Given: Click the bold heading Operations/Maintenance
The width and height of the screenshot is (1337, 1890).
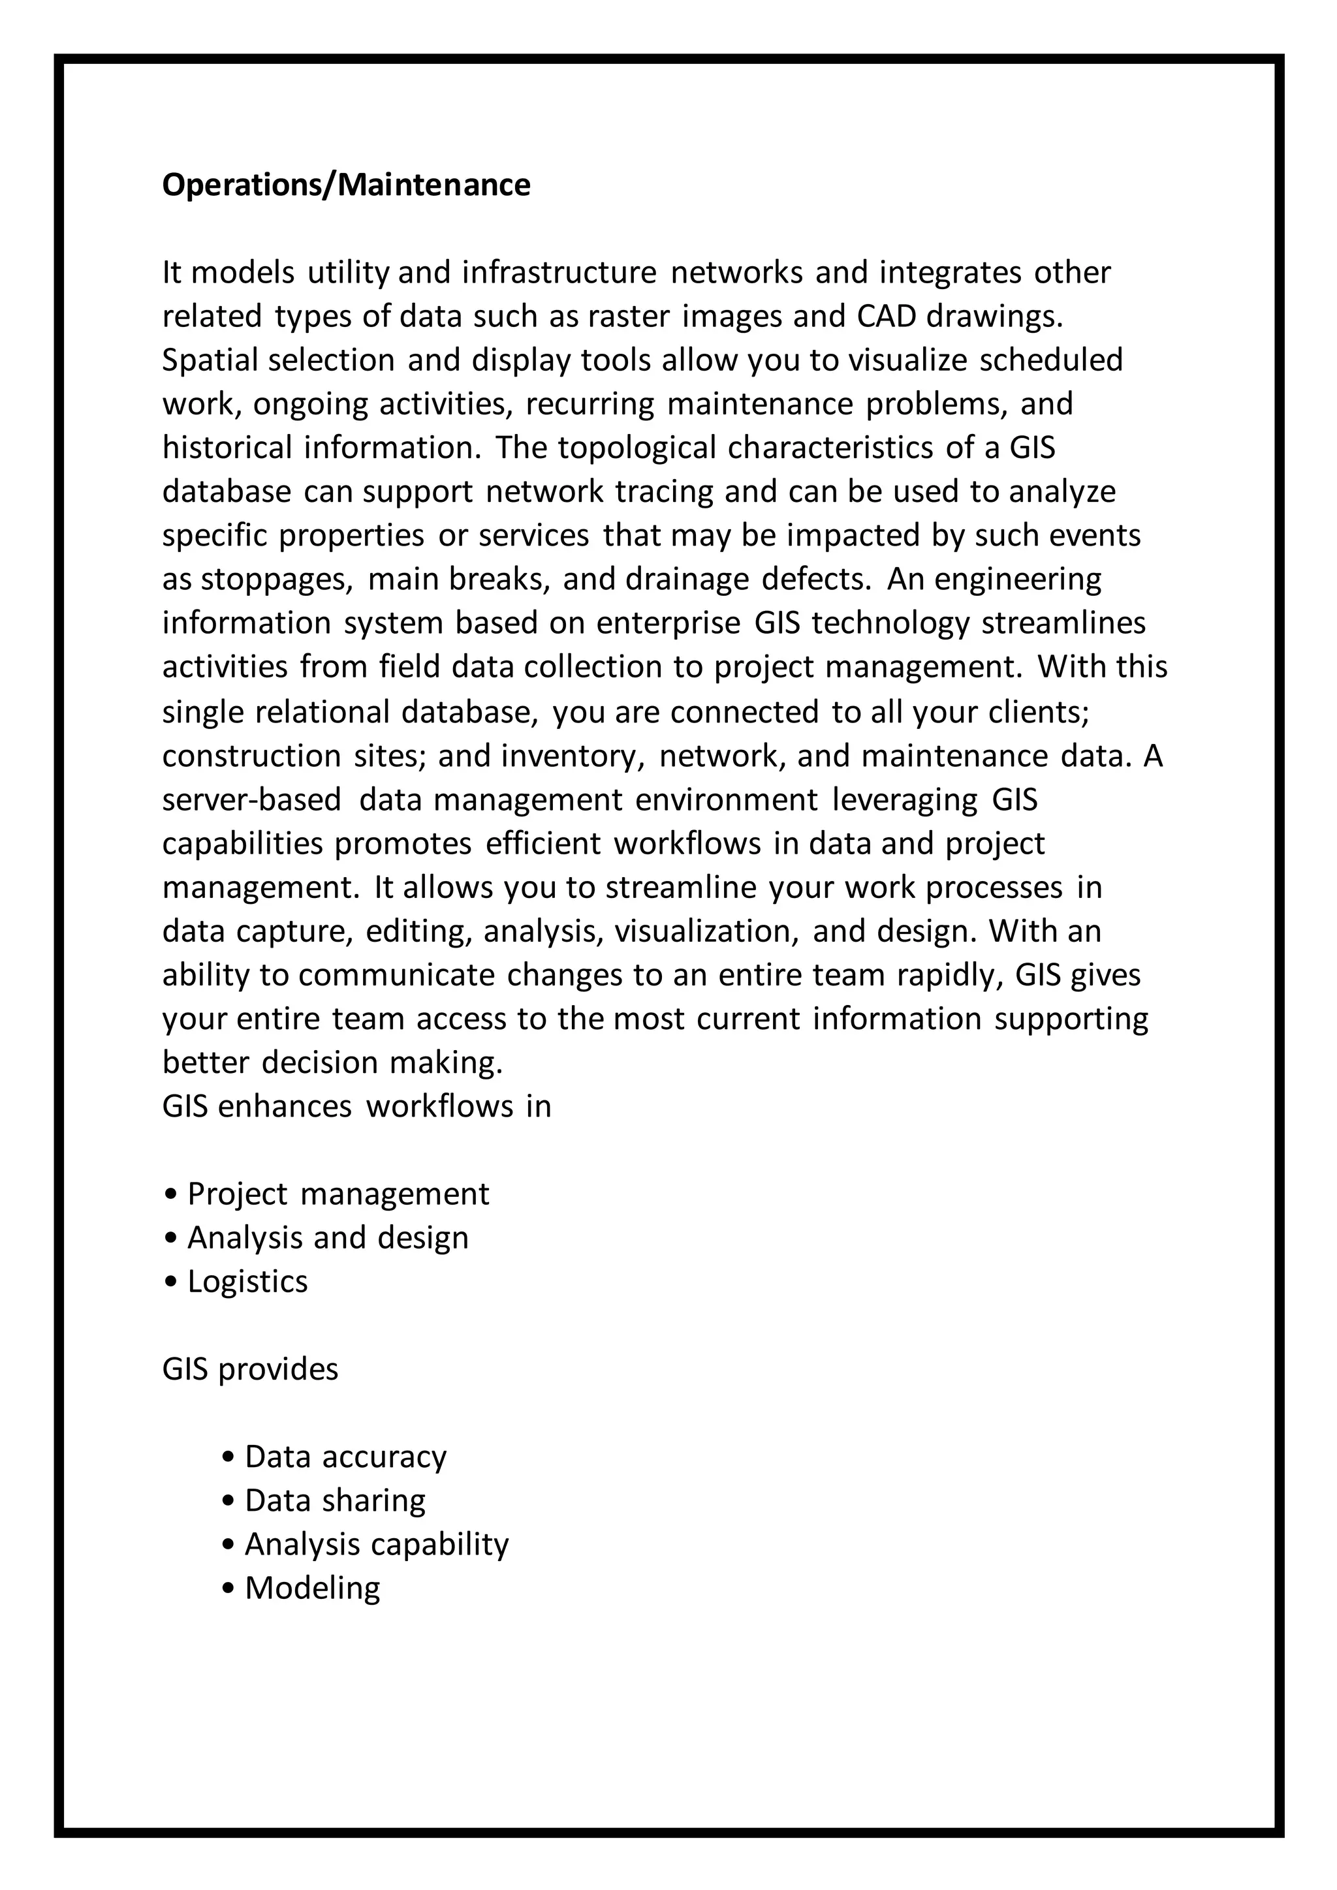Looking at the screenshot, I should click(x=346, y=185).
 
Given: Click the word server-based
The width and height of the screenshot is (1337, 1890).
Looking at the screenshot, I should click(x=252, y=799).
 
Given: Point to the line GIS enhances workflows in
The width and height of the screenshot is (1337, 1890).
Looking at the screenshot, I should click(x=356, y=1106).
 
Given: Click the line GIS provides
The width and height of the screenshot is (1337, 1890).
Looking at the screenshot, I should click(x=250, y=1369).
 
